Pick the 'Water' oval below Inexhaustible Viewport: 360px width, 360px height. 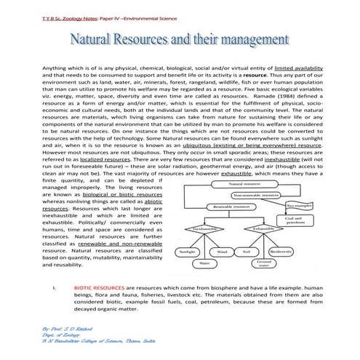(205, 263)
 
